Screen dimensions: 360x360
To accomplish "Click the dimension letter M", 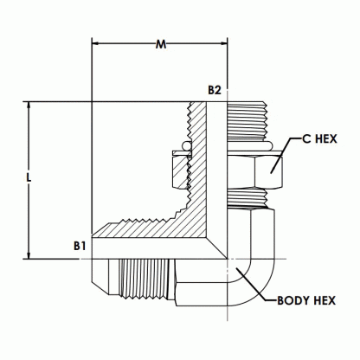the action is coord(161,44).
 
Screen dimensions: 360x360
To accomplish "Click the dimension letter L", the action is coord(29,178).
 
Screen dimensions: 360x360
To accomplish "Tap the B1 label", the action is coord(80,246).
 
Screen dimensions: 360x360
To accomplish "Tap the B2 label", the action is coord(215,90).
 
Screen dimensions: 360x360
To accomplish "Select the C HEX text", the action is coord(319,139).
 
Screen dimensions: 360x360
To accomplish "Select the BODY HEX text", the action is coord(306,300).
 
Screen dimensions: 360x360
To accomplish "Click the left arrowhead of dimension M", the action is coord(95,44).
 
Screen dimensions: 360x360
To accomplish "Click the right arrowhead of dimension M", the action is coord(224,44).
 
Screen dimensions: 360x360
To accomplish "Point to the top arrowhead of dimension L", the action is coord(29,106).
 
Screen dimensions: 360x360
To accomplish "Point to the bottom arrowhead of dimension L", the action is coord(29,255).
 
